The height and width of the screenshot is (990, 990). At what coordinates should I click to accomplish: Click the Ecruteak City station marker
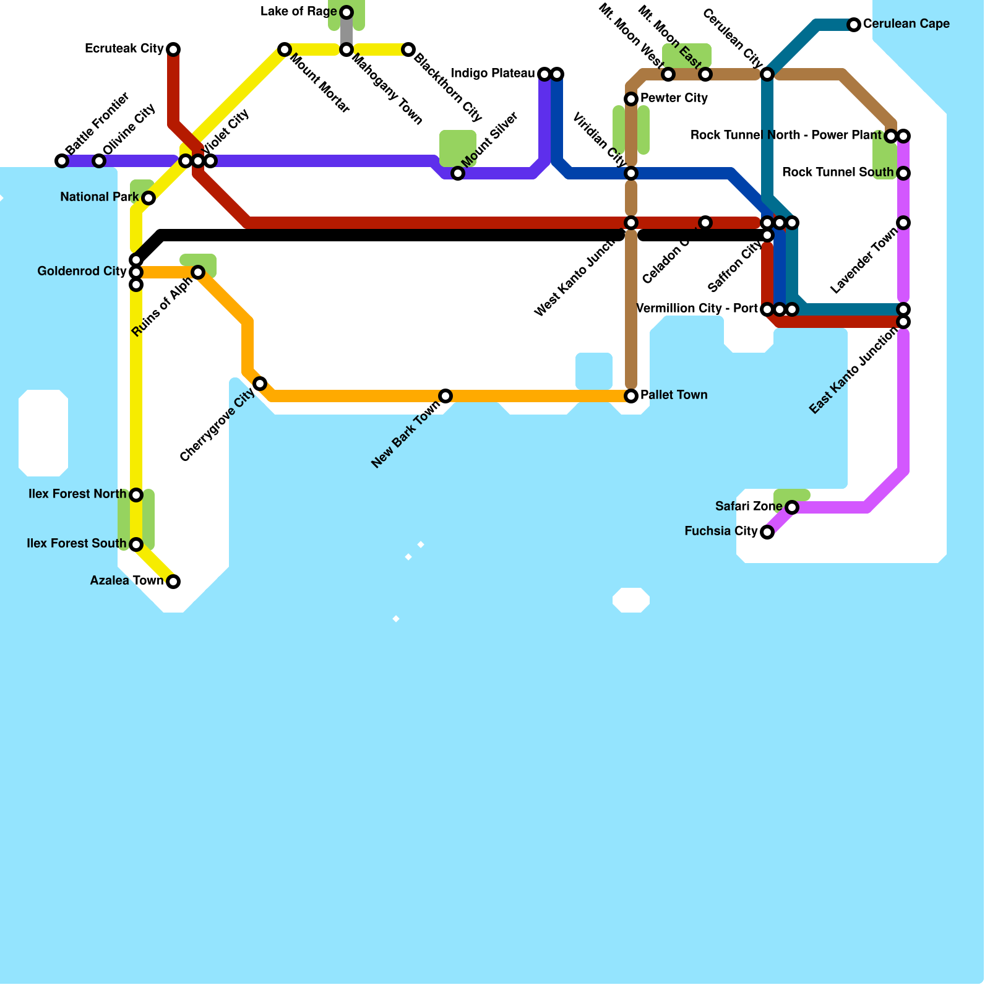point(173,49)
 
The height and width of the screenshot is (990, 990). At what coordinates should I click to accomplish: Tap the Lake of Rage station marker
point(346,12)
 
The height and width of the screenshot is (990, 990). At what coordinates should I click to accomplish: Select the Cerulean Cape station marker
point(854,25)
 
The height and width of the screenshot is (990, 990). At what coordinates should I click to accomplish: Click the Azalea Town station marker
point(173,582)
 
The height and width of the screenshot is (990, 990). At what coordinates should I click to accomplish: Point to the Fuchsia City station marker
point(767,532)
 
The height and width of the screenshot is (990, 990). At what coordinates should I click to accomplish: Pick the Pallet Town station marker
point(631,396)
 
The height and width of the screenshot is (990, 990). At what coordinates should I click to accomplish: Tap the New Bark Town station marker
point(445,396)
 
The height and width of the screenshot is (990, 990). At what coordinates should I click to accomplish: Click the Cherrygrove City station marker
point(260,384)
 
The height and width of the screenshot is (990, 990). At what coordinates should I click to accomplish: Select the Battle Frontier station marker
point(62,161)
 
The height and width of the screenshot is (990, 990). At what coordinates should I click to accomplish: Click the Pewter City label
point(674,98)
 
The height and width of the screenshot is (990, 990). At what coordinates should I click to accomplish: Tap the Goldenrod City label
point(82,272)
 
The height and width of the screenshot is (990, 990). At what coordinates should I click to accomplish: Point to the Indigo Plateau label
point(493,74)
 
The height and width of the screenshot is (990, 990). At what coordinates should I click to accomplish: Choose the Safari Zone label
point(749,507)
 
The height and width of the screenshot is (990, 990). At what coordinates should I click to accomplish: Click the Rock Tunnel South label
point(838,173)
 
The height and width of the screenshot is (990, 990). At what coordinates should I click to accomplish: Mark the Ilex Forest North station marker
point(136,495)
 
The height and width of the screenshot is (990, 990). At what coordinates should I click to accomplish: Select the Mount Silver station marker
point(458,173)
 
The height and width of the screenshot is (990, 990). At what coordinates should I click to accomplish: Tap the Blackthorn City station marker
point(408,49)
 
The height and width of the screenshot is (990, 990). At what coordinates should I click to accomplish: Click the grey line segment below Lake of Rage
point(346,31)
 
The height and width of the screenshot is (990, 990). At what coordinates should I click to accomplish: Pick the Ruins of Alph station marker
point(198,272)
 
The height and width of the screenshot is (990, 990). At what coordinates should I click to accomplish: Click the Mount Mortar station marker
point(285,49)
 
